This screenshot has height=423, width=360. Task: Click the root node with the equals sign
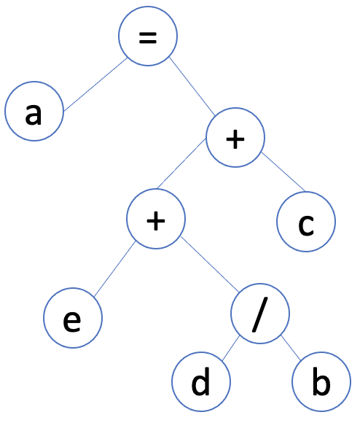click(148, 36)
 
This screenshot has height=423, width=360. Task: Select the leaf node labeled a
click(34, 111)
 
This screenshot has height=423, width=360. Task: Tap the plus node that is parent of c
click(235, 138)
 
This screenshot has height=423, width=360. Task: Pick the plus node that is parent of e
click(156, 219)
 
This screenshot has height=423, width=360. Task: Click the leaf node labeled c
click(306, 222)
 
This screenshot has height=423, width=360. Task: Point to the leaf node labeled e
click(73, 318)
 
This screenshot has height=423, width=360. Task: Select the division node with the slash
click(260, 314)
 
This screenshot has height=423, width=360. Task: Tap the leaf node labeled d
click(201, 381)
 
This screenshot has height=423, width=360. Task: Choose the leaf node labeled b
click(321, 381)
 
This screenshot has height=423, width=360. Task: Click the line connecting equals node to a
click(95, 85)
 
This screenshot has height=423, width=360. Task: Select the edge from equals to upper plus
click(192, 86)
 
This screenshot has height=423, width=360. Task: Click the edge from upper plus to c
click(283, 172)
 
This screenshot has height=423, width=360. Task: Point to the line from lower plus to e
click(114, 269)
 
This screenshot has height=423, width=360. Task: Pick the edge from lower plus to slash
click(210, 264)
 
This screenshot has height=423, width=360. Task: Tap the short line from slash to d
click(231, 349)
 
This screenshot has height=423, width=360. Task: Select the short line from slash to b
click(291, 348)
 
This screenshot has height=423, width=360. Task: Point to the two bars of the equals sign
click(148, 38)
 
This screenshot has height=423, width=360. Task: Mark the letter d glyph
click(201, 381)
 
